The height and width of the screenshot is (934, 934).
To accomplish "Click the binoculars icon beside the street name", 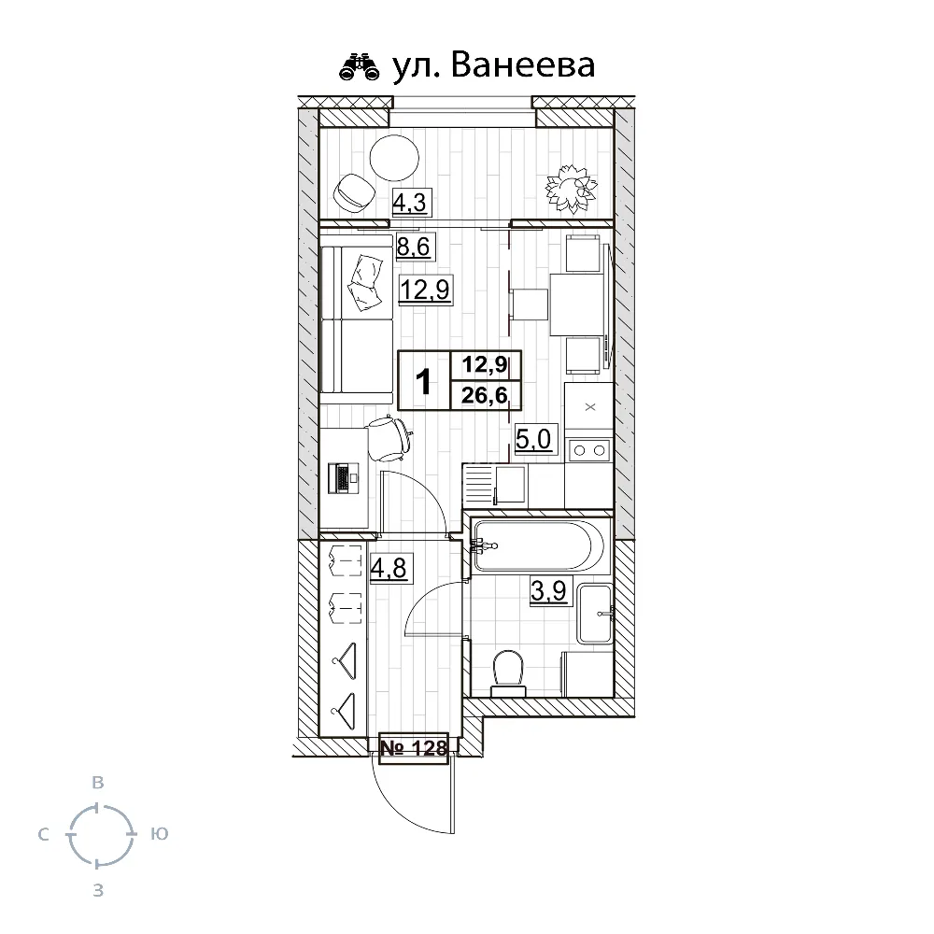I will click(x=359, y=67).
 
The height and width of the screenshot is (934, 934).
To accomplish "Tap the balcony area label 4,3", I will click(x=410, y=202).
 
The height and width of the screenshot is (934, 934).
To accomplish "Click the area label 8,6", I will click(x=417, y=247).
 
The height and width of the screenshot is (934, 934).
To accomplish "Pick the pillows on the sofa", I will click(x=366, y=281).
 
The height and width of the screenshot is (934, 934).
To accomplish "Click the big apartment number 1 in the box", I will click(x=423, y=381).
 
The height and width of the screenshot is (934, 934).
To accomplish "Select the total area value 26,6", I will click(x=484, y=396).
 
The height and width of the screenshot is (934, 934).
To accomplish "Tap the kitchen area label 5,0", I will click(x=533, y=438).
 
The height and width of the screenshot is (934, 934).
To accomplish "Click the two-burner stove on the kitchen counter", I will click(x=588, y=449).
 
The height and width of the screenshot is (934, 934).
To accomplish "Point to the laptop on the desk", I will click(x=343, y=478).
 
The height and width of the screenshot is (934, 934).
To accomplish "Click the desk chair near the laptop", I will click(x=387, y=437).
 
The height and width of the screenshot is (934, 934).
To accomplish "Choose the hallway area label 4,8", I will click(x=389, y=568).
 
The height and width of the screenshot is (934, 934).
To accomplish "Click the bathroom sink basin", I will click(x=596, y=613).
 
